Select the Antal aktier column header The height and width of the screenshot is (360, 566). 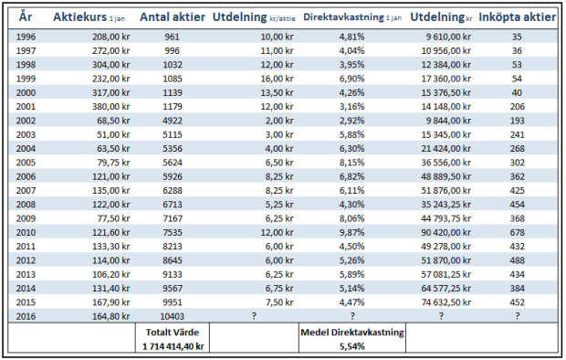tap(172, 16)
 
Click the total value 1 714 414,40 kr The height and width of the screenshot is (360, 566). tap(172, 347)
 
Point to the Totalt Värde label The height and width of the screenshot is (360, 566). tap(172, 333)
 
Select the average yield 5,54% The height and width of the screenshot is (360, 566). tap(351, 347)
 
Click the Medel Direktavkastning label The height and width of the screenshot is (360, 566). tap(351, 333)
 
